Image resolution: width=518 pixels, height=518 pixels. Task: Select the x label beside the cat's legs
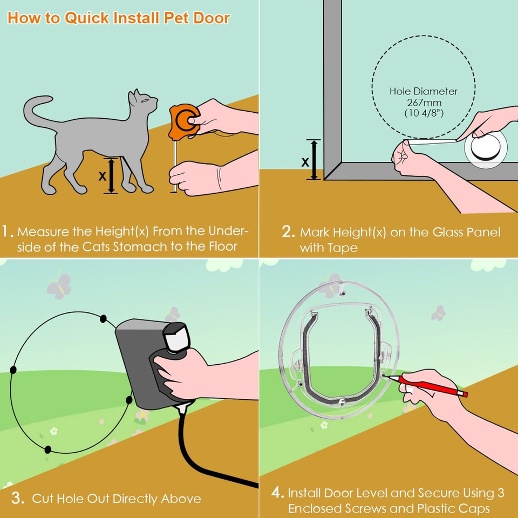[x=102, y=175]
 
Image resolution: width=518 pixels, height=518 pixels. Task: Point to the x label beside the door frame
[x=305, y=161]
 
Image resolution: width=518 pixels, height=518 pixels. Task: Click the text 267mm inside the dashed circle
[x=423, y=103]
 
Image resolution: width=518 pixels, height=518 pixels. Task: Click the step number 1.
[x=8, y=232]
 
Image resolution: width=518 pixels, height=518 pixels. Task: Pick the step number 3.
[x=18, y=497]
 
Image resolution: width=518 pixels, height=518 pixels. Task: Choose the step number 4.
[x=277, y=493]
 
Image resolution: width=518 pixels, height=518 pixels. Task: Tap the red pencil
[x=432, y=386]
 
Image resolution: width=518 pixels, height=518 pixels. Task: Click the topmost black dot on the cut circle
[x=103, y=319]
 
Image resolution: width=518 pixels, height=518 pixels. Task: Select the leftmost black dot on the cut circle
[x=12, y=370]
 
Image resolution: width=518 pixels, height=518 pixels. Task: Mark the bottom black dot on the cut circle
[x=48, y=449]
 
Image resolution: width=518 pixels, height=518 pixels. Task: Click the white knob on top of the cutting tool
[x=176, y=337]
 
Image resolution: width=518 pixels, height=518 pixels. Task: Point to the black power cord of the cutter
[x=186, y=448]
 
